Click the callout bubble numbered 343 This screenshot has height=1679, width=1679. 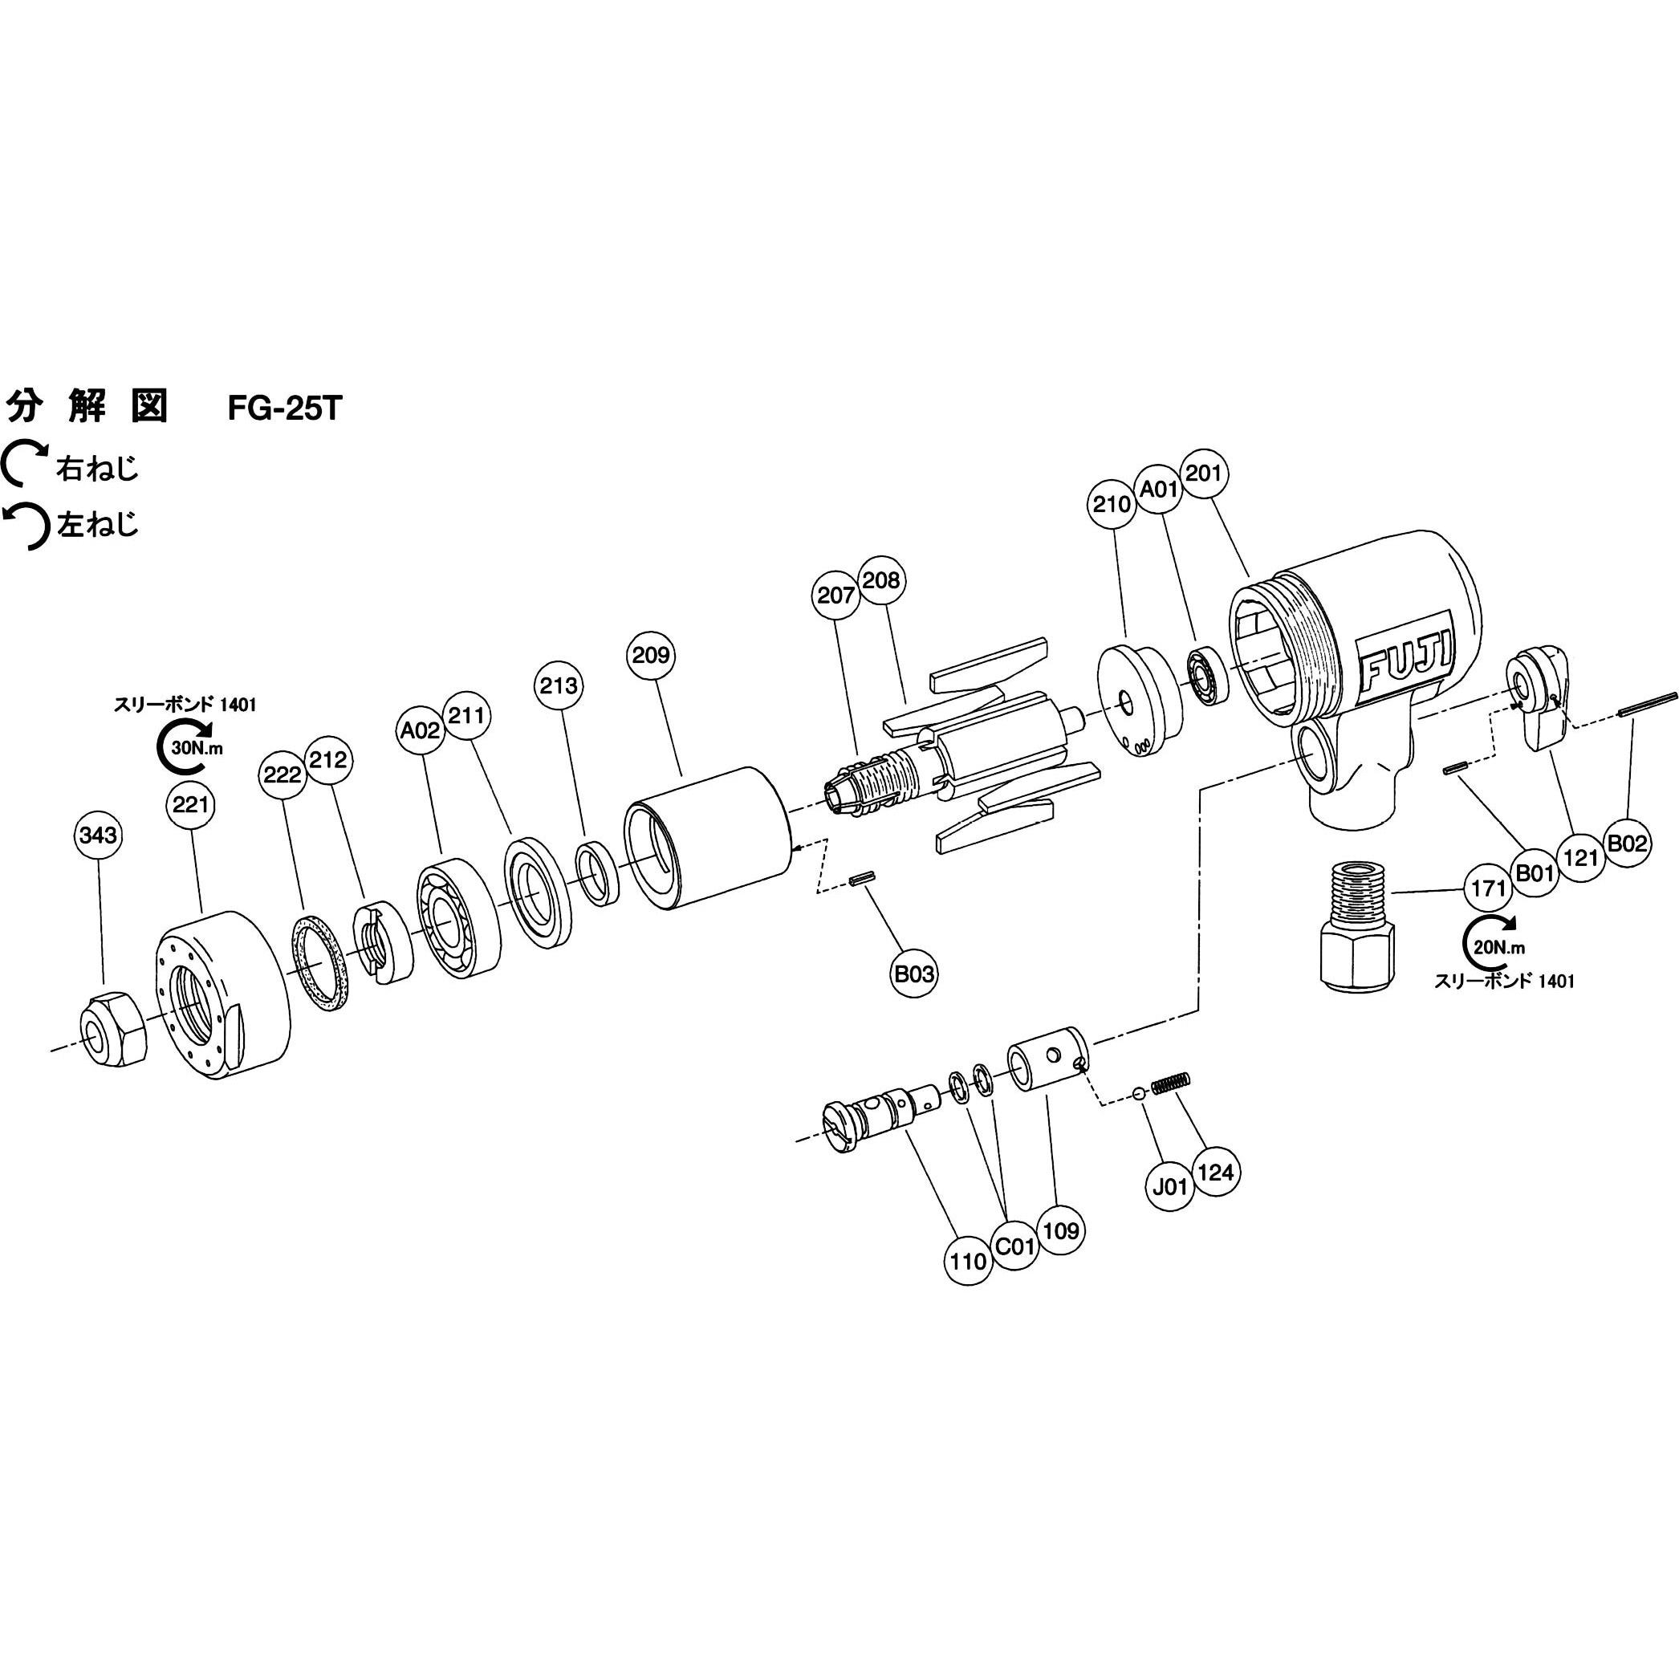[97, 835]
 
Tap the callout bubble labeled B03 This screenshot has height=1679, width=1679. [914, 974]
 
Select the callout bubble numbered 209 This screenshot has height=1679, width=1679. [651, 654]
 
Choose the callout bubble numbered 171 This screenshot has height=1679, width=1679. [1489, 888]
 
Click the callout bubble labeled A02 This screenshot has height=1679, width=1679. [420, 731]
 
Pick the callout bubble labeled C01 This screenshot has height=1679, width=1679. [1015, 1247]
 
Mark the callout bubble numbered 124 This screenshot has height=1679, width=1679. [1215, 1173]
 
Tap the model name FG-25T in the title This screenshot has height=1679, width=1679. [285, 409]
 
